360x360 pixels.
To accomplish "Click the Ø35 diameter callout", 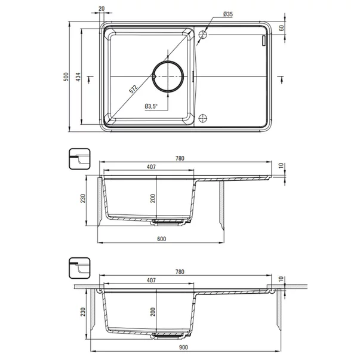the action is [x=227, y=14].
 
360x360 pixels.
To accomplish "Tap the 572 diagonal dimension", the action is [x=133, y=89].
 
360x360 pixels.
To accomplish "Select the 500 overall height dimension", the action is [x=66, y=76].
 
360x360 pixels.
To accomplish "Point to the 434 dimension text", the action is [x=78, y=76].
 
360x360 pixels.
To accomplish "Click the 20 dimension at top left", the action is [x=101, y=8].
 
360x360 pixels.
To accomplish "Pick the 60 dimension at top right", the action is [x=281, y=28].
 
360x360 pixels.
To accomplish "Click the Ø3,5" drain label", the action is [x=151, y=106].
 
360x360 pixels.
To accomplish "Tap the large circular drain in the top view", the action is [x=168, y=76].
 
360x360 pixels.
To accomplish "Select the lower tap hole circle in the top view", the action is [x=203, y=118].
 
